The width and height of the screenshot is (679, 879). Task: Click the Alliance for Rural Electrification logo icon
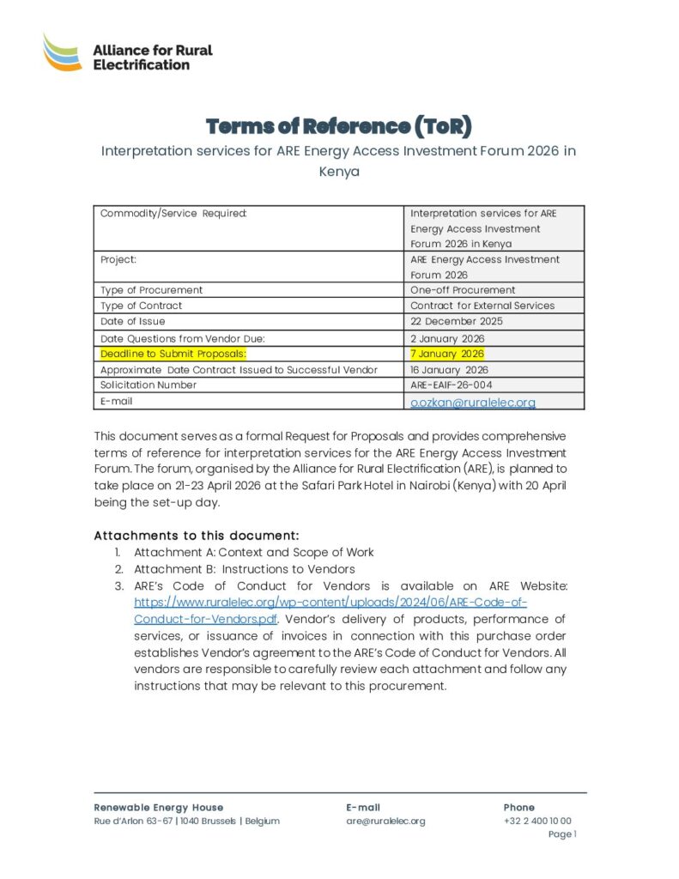[62, 52]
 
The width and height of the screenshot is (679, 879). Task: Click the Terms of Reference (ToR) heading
[339, 126]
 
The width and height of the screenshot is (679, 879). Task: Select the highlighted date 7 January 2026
[447, 354]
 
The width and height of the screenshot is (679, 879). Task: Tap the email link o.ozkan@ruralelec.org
[472, 402]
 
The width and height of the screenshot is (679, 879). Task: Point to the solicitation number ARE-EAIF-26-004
[451, 385]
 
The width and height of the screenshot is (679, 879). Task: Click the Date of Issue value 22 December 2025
[457, 321]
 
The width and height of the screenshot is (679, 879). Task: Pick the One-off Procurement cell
[463, 290]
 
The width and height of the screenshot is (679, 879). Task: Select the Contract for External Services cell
[482, 306]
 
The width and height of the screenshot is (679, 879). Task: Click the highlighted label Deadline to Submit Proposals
[173, 354]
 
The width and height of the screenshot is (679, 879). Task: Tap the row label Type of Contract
[142, 306]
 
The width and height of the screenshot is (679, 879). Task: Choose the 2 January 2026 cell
[447, 338]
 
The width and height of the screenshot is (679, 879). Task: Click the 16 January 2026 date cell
[449, 370]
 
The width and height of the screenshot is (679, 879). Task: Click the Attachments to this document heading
[196, 536]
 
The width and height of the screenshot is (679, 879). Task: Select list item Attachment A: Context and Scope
[253, 552]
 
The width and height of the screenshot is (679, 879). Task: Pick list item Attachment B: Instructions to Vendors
[244, 569]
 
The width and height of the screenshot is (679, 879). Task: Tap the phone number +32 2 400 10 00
[537, 821]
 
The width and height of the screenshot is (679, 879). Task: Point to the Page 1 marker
[562, 834]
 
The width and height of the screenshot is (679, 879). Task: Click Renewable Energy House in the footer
[159, 807]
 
